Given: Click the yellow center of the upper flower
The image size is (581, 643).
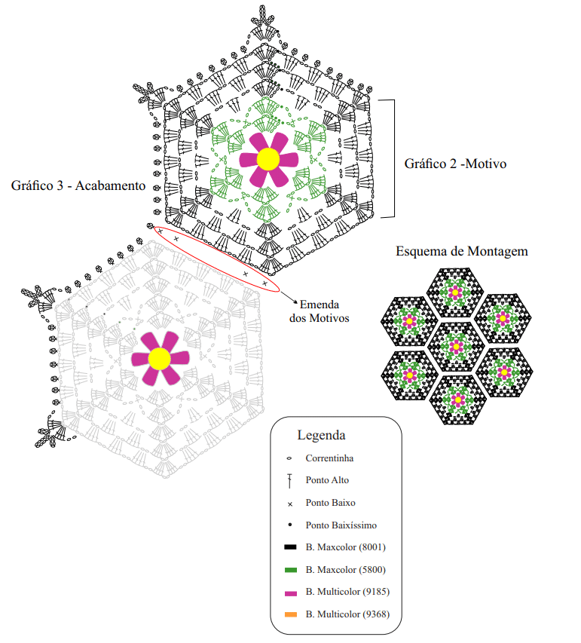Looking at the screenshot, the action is pos(268,159).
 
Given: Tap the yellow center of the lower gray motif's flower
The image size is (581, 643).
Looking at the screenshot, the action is pos(160,358).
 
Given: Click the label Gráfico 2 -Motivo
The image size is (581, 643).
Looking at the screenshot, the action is pos(455,164).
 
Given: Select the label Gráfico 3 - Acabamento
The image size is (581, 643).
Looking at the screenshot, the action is pos(78,185).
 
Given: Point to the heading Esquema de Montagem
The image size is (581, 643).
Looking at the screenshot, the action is pos(462,251).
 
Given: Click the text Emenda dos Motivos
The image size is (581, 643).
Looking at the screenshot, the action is pos(320,311).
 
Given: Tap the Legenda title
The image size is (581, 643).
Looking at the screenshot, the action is pos(322,435).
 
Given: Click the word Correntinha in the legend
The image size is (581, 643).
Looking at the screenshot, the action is pos(329,458).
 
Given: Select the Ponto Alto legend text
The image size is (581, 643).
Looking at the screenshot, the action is pos(327,480).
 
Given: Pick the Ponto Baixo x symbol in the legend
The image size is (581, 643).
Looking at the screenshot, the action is pos(290,504).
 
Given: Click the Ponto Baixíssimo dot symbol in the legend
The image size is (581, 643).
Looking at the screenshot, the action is pos(290,525).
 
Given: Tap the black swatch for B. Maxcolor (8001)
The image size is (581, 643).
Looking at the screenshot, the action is pos(290,547).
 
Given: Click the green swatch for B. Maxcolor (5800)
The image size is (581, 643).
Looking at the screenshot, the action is pos(290,570).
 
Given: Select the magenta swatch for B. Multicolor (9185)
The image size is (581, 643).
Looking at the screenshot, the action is pos(290,593).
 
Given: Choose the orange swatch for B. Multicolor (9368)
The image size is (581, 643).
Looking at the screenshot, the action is pos(290,614).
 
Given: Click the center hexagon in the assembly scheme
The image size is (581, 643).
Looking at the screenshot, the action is pos(456,347).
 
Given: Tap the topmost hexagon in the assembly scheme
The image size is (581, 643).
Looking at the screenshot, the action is pos(455,292).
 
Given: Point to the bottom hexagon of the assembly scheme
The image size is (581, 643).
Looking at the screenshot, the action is pos(458,400).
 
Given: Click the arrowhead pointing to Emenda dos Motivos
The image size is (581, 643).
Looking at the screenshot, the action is pos(295,302).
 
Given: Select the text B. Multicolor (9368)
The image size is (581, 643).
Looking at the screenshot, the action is pos(347,614).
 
